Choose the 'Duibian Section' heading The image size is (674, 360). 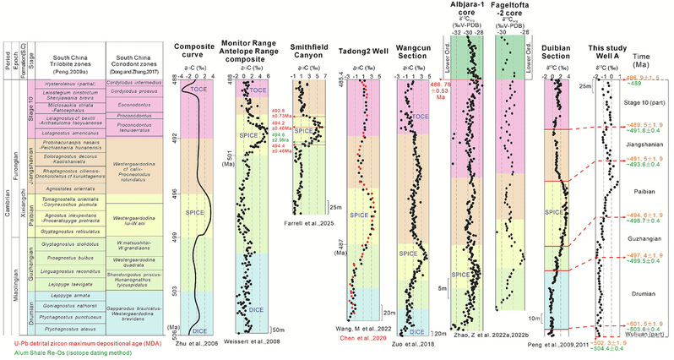pyautogui.click(x=560, y=49)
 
